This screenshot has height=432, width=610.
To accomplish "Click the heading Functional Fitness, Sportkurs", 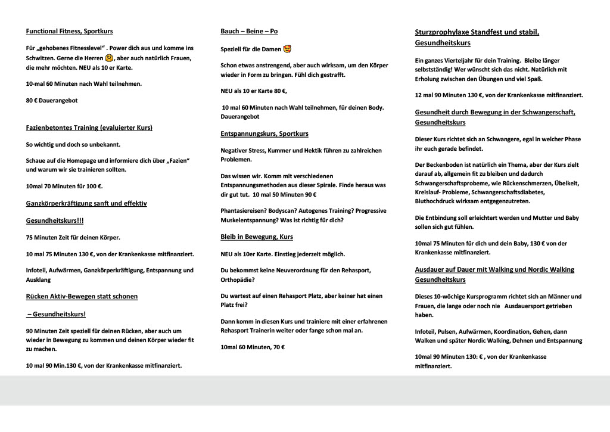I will pyautogui.click(x=69, y=31).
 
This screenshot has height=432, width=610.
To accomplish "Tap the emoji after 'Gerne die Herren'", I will pyautogui.click(x=109, y=58).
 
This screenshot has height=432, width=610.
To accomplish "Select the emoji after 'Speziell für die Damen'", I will pyautogui.click(x=287, y=49).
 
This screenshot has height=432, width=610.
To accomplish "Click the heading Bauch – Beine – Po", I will pyautogui.click(x=249, y=31).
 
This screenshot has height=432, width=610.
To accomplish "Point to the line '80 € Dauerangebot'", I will pyautogui.click(x=52, y=101).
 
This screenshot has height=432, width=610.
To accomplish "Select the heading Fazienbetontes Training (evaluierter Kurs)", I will pyautogui.click(x=89, y=128).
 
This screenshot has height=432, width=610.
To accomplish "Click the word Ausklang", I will pyautogui.click(x=39, y=279).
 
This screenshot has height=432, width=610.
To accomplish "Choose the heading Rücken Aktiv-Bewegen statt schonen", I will pyautogui.click(x=82, y=296).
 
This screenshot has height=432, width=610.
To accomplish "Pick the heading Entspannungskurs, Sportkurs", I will pyautogui.click(x=264, y=133).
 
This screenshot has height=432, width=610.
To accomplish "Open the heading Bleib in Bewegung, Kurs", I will pyautogui.click(x=257, y=237).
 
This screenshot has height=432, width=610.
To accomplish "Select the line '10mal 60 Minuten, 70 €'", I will pyautogui.click(x=253, y=347).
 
